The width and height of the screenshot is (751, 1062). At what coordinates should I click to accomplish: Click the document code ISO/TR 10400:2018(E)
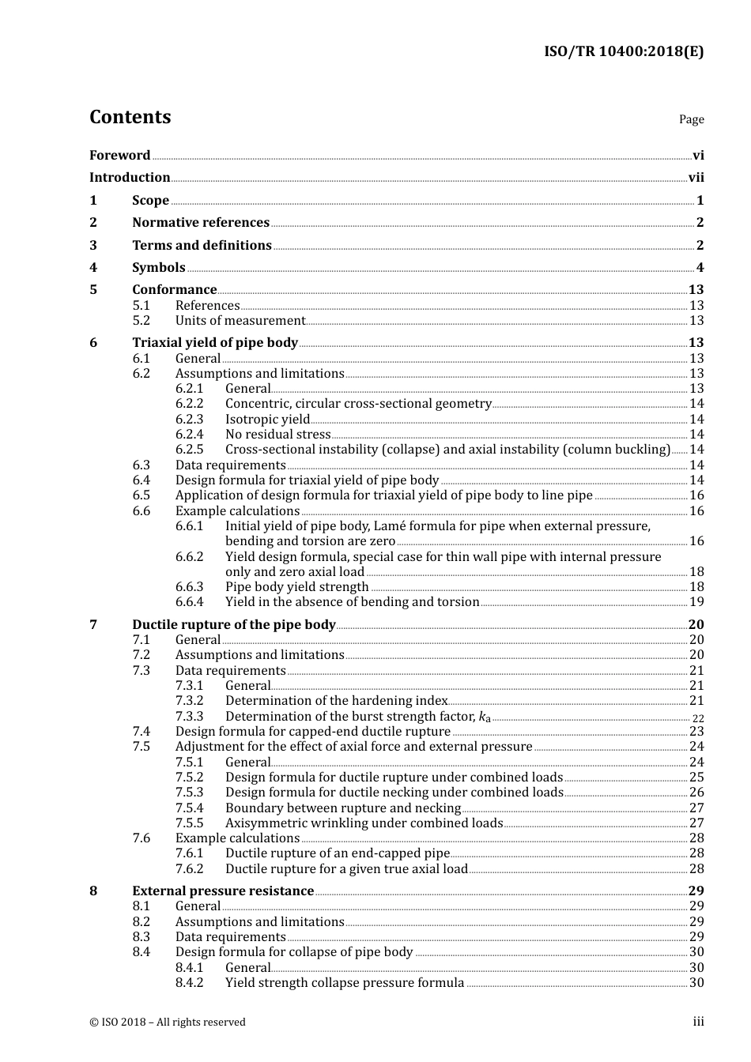pyautogui.click(x=623, y=52)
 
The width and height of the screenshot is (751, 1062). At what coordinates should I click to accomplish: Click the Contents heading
pyautogui.click(x=130, y=117)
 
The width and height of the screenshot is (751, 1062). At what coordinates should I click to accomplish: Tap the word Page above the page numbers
pyautogui.click(x=691, y=119)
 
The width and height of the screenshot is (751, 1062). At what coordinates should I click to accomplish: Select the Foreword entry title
pyautogui.click(x=119, y=156)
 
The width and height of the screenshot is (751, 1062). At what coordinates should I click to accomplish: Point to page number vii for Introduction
pyautogui.click(x=696, y=178)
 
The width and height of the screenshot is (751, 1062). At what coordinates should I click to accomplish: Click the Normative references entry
pyautogui.click(x=201, y=223)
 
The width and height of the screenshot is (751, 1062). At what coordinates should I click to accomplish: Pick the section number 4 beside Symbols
pyautogui.click(x=93, y=268)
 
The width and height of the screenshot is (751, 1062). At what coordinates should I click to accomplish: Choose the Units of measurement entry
pyautogui.click(x=240, y=321)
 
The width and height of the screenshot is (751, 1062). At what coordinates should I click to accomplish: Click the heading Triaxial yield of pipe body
pyautogui.click(x=215, y=343)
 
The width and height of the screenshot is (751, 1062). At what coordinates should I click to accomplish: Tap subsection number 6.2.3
pyautogui.click(x=189, y=420)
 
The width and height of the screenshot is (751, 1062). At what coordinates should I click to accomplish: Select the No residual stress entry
pyautogui.click(x=277, y=435)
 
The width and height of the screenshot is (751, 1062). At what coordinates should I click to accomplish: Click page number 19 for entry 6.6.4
pyautogui.click(x=696, y=602)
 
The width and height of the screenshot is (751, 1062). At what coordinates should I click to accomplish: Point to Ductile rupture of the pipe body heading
pyautogui.click(x=234, y=625)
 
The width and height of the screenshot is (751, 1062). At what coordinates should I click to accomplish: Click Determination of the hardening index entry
pyautogui.click(x=336, y=701)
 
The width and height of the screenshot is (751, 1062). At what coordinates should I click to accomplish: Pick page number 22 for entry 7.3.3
pyautogui.click(x=698, y=718)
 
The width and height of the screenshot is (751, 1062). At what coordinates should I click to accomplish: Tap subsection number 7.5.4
pyautogui.click(x=189, y=808)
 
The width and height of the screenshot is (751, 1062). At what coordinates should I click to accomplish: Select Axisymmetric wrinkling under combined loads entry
pyautogui.click(x=364, y=823)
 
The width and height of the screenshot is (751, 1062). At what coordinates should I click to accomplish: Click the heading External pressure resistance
pyautogui.click(x=223, y=891)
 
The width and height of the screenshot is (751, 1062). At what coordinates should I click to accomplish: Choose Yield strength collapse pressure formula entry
pyautogui.click(x=345, y=983)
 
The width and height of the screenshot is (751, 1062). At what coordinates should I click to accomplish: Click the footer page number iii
pyautogui.click(x=698, y=1022)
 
